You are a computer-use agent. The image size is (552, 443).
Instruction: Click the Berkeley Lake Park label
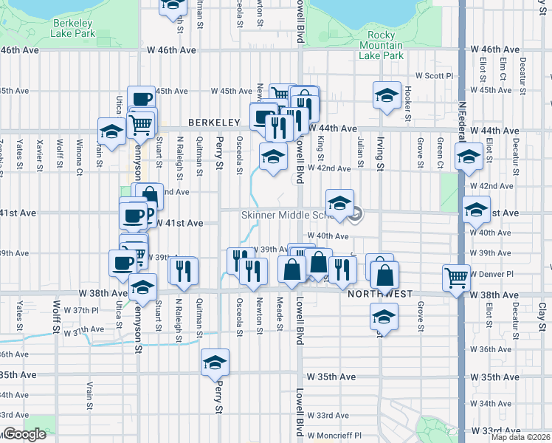pyautogui.click(x=73, y=28)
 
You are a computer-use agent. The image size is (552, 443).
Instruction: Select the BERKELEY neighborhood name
pyautogui.click(x=215, y=122)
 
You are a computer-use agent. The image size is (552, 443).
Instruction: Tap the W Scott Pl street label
pyautogui.click(x=433, y=75)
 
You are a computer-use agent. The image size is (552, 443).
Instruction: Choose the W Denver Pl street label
pyautogui.click(x=495, y=274)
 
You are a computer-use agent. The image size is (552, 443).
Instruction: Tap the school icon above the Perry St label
pyautogui.click(x=215, y=362)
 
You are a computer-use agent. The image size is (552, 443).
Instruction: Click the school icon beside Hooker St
pyautogui.click(x=387, y=95)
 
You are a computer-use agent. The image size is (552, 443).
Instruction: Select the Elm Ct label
pyautogui.click(x=503, y=69)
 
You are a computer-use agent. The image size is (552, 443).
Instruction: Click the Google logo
pyautogui.click(x=25, y=435)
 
